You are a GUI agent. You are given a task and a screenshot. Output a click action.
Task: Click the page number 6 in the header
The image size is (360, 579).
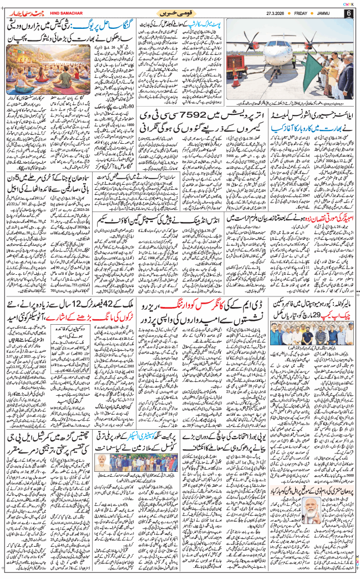[x=349, y=12]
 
